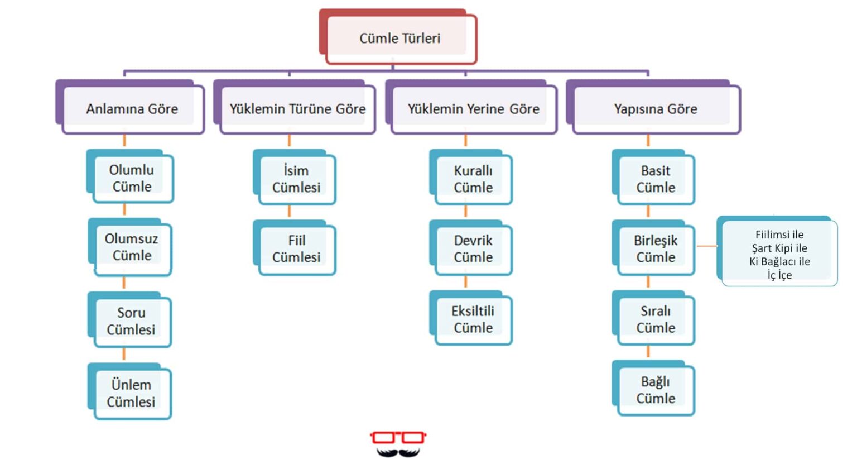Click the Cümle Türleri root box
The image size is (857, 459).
pos(399,39)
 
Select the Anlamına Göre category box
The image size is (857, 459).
pos(132,109)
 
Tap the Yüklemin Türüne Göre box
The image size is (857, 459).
pos(297,109)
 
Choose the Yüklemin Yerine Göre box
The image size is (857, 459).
pos(473,109)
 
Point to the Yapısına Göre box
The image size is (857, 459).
pos(656,109)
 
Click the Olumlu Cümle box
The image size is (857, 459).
pos(132,178)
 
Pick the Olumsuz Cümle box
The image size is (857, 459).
pos(132,247)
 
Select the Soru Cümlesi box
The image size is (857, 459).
pos(131,321)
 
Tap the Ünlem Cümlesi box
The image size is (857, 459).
pos(131,393)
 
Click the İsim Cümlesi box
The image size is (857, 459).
pos(296,179)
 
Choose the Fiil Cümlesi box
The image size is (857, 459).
pos(296,249)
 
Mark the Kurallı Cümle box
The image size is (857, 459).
pos(473,179)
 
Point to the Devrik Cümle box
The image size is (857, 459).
pos(473,249)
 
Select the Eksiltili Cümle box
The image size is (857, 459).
pos(473,319)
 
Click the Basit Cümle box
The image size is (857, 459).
pos(656,179)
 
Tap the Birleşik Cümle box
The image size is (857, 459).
pos(656,249)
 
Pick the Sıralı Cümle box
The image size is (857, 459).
pos(656,319)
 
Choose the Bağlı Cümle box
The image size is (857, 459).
pos(656,390)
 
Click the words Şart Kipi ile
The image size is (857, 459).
pos(779,248)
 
